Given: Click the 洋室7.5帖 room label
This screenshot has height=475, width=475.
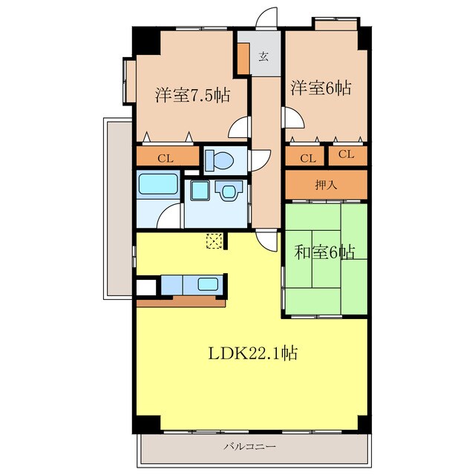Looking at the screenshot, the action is pyautogui.click(x=193, y=95).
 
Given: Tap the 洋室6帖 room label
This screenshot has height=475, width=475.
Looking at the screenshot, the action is pyautogui.click(x=321, y=88).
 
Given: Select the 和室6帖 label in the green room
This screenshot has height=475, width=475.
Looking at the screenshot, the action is pyautogui.click(x=324, y=252).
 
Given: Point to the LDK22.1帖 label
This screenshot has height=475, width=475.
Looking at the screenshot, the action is pyautogui.click(x=253, y=353).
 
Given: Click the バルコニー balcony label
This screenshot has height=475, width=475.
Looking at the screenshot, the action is pyautogui.click(x=250, y=447).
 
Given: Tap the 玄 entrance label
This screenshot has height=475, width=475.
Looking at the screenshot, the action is pyautogui.click(x=263, y=56).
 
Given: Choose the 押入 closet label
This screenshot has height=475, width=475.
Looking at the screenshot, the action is pyautogui.click(x=327, y=185).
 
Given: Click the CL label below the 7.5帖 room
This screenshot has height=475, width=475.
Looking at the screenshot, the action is pyautogui.click(x=166, y=158).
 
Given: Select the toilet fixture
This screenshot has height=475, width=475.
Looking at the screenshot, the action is pyautogui.click(x=220, y=160).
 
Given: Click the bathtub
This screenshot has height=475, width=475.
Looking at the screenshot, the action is pyautogui.click(x=158, y=184).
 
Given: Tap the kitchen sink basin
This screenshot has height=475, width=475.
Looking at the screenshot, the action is pyautogui.click(x=208, y=284).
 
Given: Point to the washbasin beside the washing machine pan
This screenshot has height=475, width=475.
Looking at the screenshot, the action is pyautogui.click(x=229, y=191).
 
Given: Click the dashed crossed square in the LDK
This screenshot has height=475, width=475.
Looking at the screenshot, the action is pyautogui.click(x=214, y=240).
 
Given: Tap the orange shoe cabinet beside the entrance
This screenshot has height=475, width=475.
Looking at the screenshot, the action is pyautogui.click(x=243, y=59).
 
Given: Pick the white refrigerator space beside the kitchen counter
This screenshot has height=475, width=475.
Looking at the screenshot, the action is pyautogui.click(x=146, y=287).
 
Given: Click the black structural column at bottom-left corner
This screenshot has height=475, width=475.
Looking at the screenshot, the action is pyautogui.click(x=146, y=424).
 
